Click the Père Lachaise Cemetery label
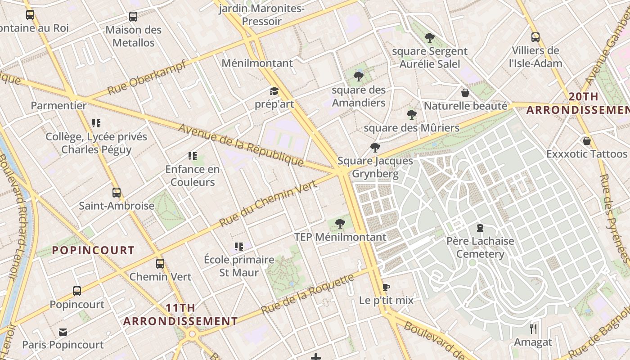[480, 247]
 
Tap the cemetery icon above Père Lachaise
[480, 228]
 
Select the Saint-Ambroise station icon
[117, 193]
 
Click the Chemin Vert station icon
[160, 264]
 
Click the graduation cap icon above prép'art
[274, 91]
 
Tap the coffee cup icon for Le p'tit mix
[386, 287]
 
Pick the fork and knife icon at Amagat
[533, 329]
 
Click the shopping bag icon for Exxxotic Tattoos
[586, 141]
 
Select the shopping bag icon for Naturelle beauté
[465, 93]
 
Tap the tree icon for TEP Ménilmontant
[340, 223]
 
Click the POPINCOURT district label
[93, 251]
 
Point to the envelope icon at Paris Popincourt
[63, 332]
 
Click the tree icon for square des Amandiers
[359, 76]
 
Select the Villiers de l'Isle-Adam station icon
[535, 37]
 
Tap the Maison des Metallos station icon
[133, 17]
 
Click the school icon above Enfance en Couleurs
[193, 157]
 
